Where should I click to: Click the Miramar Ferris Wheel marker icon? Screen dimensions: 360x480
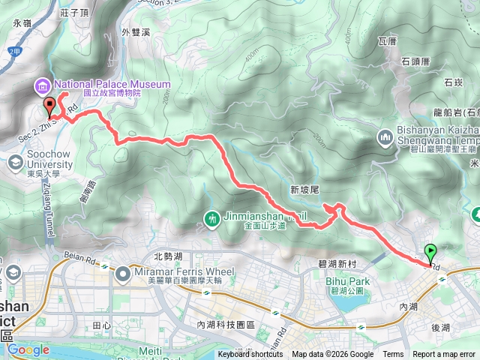tap(122, 275)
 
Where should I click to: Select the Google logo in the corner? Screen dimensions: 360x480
tap(28, 349)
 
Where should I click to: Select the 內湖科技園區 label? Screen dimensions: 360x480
tap(226, 325)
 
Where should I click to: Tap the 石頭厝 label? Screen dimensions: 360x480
tap(414, 61)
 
